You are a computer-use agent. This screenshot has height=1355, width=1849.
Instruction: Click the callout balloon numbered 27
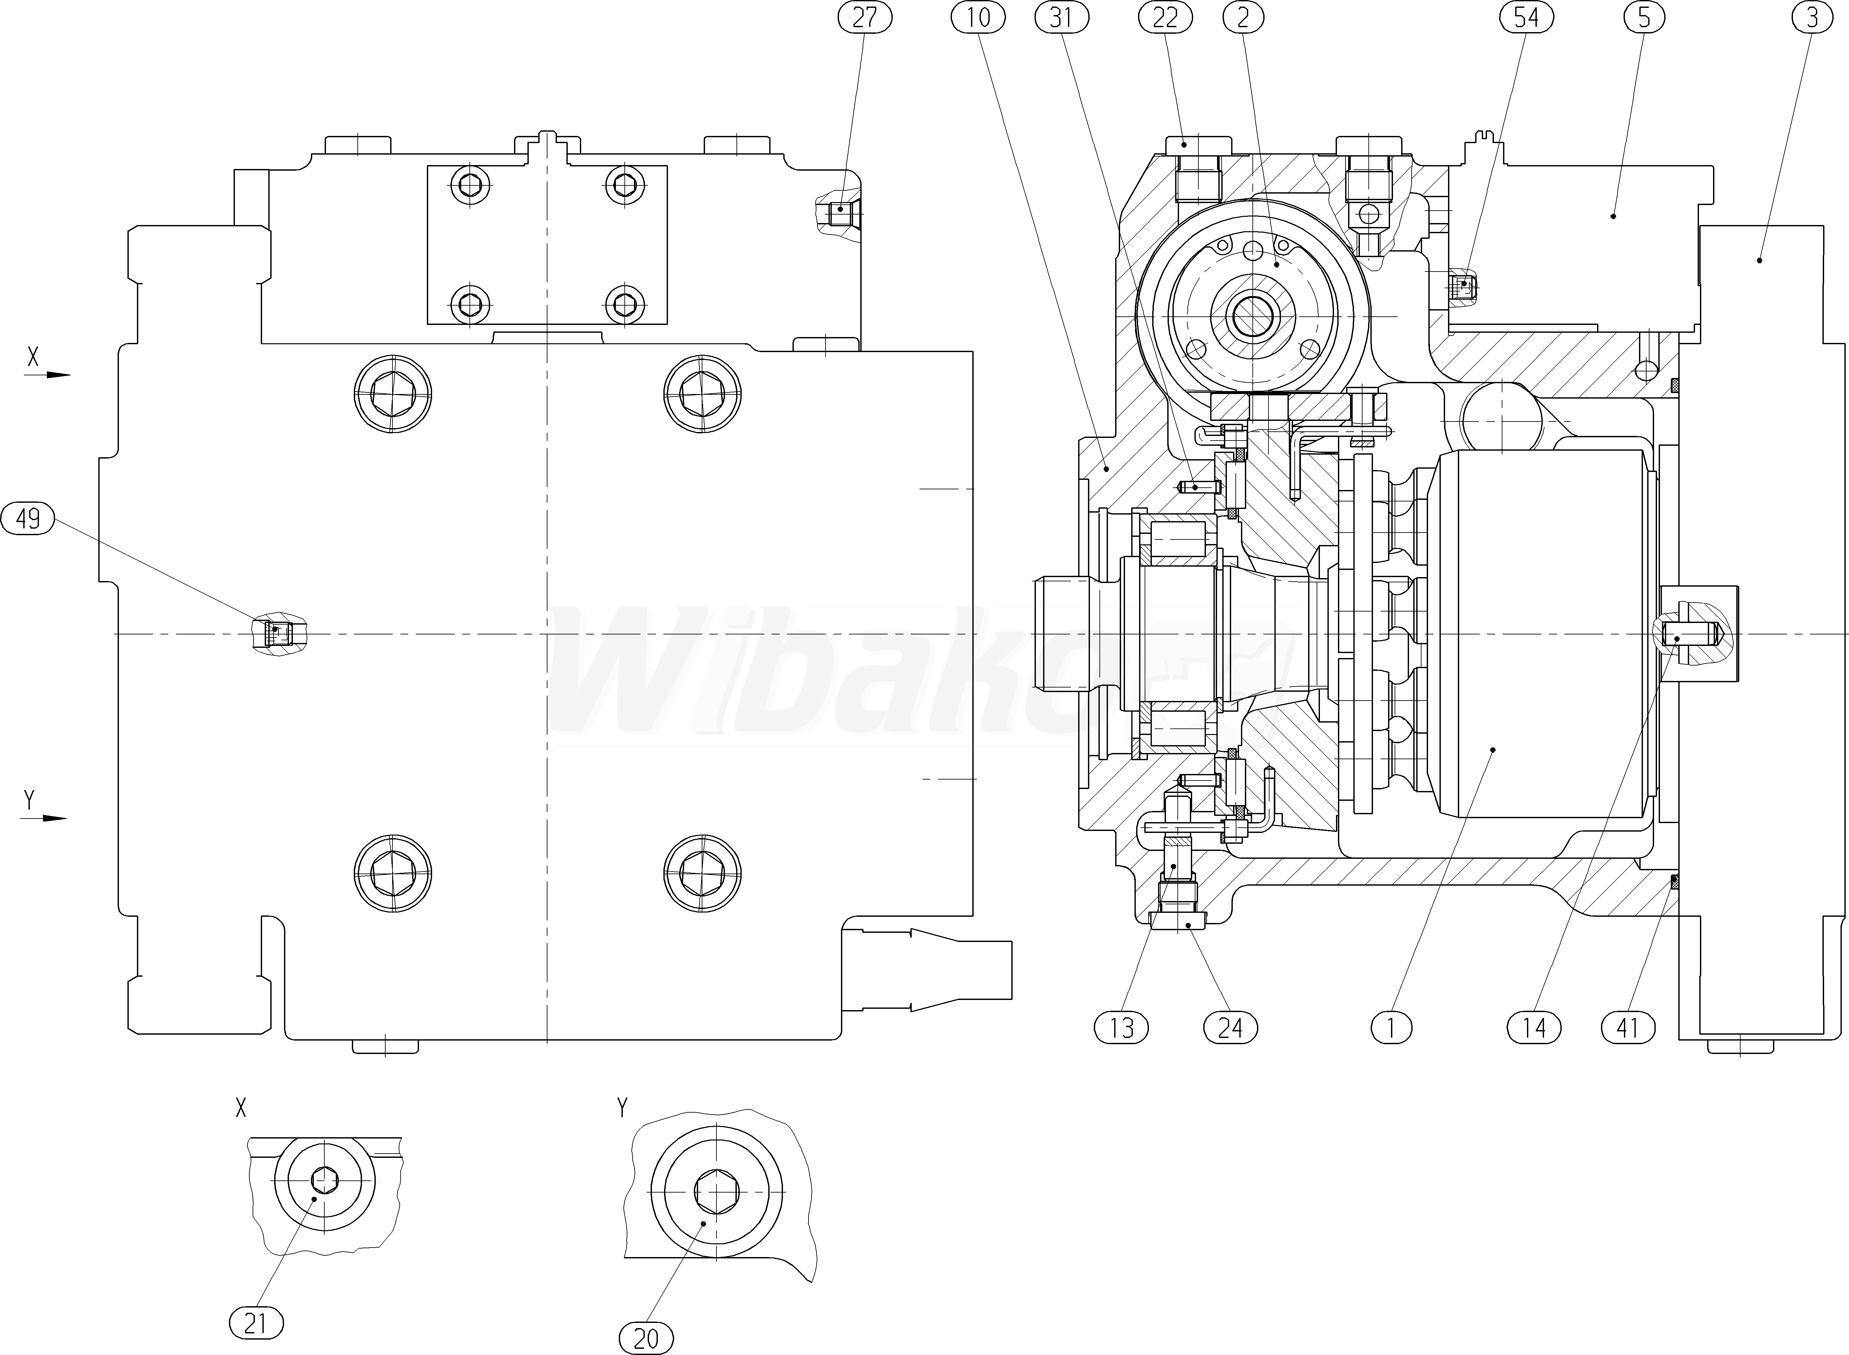(865, 17)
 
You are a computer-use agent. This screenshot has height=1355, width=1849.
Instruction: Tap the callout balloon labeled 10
(978, 17)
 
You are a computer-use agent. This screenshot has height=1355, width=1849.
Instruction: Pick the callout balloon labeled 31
(1061, 17)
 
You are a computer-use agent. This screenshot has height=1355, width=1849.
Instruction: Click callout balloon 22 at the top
(1165, 17)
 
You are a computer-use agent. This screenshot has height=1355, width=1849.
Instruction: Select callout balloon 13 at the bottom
(1121, 1027)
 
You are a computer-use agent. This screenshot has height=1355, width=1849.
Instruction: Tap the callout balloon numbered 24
(1229, 1027)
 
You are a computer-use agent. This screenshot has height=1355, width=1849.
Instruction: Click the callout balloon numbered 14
(1534, 1027)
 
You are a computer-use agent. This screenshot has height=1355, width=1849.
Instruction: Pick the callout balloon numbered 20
(646, 1339)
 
